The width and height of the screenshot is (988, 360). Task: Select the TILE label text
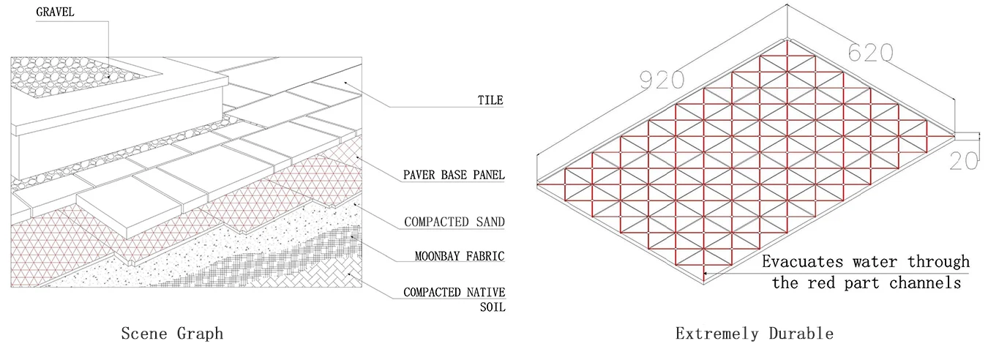pyautogui.click(x=491, y=100)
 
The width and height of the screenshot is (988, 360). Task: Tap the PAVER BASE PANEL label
pyautogui.click(x=454, y=176)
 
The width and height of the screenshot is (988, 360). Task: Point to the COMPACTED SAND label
pyautogui.click(x=454, y=222)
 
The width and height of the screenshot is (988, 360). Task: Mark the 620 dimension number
pyautogui.click(x=870, y=53)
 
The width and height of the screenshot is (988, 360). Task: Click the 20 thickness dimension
pyautogui.click(x=963, y=160)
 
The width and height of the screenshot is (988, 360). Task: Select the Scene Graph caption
pyautogui.click(x=172, y=334)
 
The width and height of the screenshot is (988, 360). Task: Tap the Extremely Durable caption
pyautogui.click(x=754, y=334)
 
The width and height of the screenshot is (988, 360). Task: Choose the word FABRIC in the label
pyautogui.click(x=482, y=256)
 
